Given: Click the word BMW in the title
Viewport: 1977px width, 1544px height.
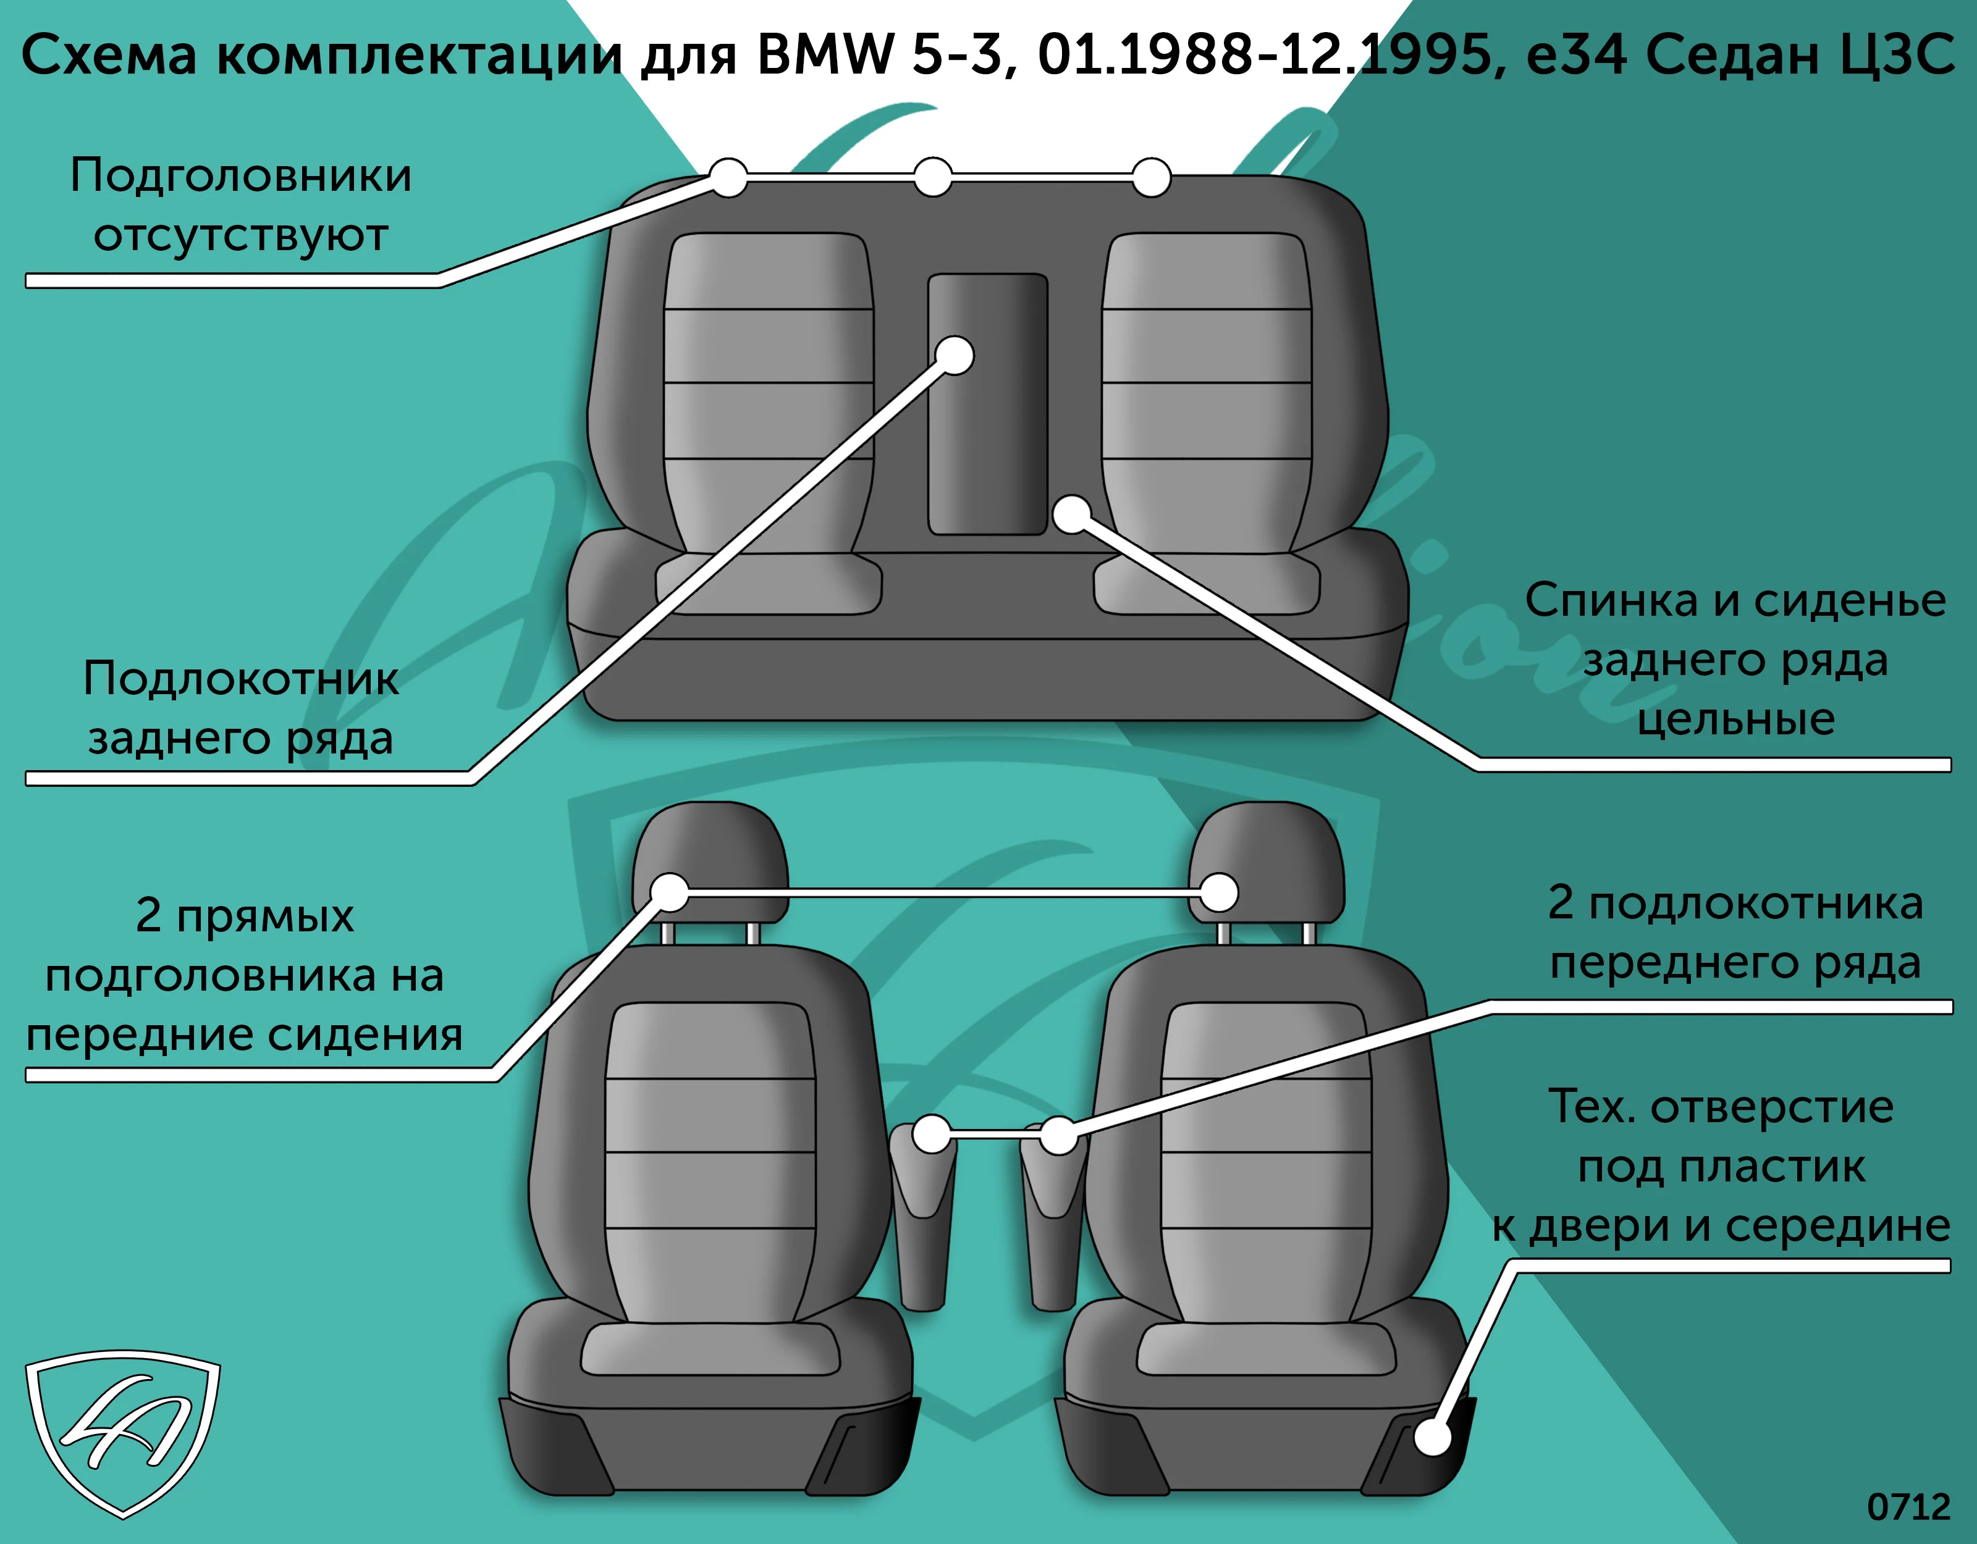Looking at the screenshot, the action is (x=825, y=54).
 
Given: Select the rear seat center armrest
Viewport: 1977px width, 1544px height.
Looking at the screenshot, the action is (x=988, y=404).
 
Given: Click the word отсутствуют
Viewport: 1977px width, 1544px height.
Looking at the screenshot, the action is (x=241, y=236).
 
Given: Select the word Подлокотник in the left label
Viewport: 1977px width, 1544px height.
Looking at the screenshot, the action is (x=241, y=678).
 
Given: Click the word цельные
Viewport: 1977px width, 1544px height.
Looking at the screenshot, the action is (x=1736, y=720).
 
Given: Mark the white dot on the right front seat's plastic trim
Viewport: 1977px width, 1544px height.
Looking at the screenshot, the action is (x=1432, y=1437).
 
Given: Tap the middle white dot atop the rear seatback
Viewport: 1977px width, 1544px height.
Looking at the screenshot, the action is (x=932, y=177).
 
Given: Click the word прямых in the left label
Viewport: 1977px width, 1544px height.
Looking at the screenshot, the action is (x=265, y=917).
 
